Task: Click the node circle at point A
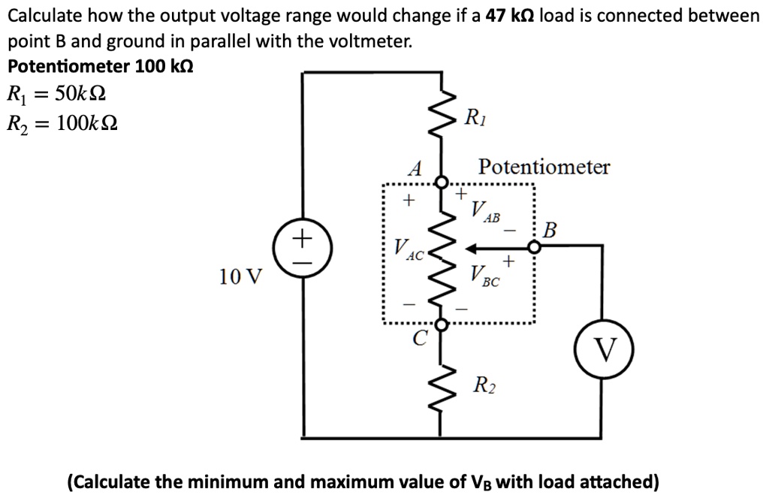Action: [442, 182]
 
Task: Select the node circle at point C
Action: [442, 324]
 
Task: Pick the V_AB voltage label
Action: [485, 211]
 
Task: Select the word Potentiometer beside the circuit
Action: [544, 167]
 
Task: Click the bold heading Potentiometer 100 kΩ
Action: [101, 66]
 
